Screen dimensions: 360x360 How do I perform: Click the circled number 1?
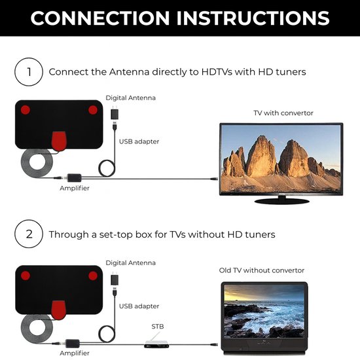coord(28,71)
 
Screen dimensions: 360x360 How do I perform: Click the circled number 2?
coord(28,234)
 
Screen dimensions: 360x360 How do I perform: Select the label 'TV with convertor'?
coord(283,113)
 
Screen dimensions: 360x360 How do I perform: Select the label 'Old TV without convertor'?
coord(262,270)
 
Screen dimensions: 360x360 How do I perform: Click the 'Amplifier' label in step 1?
coord(75,188)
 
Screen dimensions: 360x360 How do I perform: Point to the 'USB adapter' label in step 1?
coord(139,141)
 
